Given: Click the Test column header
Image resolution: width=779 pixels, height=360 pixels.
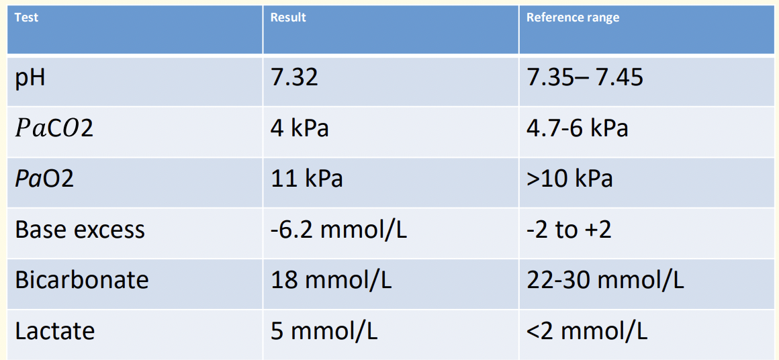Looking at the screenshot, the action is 26,18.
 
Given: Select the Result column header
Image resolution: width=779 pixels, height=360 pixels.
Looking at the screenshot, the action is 288,18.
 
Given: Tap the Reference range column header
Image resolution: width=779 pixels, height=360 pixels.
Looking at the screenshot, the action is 573,18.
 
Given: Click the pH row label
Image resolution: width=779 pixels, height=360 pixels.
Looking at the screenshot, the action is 30,79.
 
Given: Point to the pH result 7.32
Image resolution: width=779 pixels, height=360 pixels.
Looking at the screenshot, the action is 294,79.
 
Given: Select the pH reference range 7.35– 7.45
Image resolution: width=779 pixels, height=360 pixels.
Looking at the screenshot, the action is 585,79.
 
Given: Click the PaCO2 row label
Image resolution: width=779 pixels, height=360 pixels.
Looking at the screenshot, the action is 54,129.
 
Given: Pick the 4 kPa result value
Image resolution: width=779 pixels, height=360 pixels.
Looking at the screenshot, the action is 300,128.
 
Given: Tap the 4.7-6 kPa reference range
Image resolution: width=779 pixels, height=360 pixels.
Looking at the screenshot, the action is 578,128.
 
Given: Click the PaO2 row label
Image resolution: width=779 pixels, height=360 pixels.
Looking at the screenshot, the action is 44,179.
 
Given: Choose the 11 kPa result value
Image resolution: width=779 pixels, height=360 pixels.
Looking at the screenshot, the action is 307,179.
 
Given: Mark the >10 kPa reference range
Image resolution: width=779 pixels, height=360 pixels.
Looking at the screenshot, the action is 570,179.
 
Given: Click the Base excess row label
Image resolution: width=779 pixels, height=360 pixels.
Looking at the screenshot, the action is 80,230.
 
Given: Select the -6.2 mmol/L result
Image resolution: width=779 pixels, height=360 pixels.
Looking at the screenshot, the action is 339,230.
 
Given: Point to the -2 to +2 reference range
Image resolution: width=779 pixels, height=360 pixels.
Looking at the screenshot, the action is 569,230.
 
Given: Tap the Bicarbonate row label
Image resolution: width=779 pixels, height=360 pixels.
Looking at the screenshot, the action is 82,279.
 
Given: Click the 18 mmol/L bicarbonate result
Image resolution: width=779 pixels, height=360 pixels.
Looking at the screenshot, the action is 331,280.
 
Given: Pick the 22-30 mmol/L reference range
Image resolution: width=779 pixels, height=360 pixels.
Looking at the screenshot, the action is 606,280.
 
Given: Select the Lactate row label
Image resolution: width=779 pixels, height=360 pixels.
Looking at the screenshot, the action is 55,330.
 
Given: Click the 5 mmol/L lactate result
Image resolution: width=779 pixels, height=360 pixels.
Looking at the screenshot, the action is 324,330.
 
